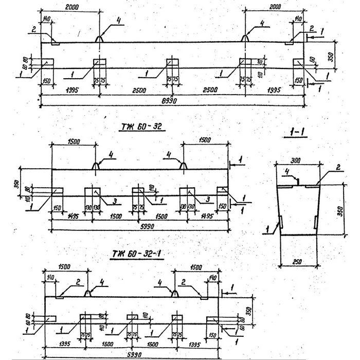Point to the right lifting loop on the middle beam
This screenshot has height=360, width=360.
point(183,165)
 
